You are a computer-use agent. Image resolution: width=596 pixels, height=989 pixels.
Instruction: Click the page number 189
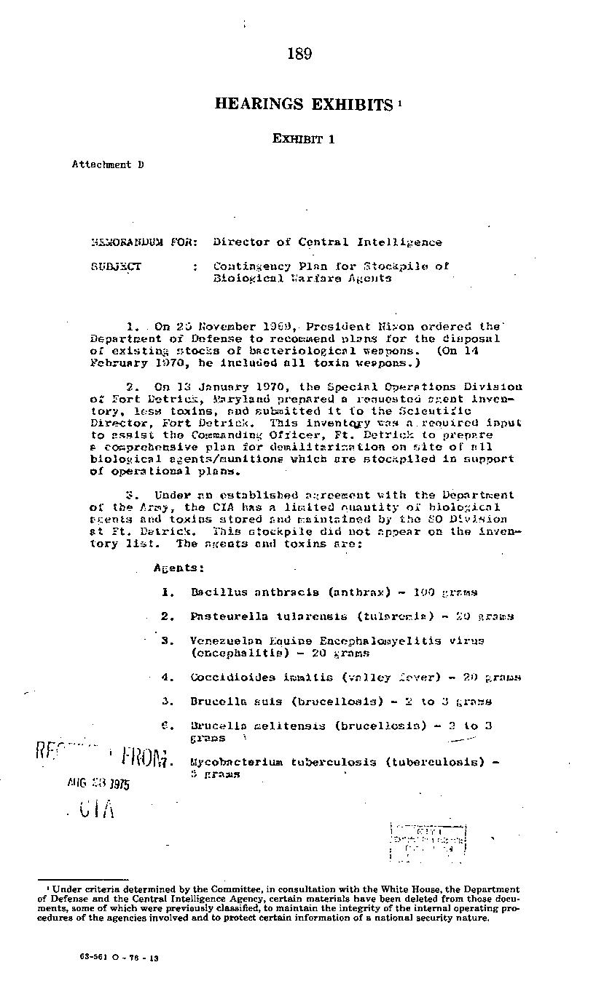(299, 54)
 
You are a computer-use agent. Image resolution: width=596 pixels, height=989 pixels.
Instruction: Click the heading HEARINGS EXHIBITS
(304, 105)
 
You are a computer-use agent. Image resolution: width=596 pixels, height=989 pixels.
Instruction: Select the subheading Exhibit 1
(304, 139)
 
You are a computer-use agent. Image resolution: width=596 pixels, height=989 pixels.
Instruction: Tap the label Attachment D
(107, 164)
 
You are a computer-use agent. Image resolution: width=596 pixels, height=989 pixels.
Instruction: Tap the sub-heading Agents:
(179, 568)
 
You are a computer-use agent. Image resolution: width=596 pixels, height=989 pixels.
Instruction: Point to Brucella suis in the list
(225, 702)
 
